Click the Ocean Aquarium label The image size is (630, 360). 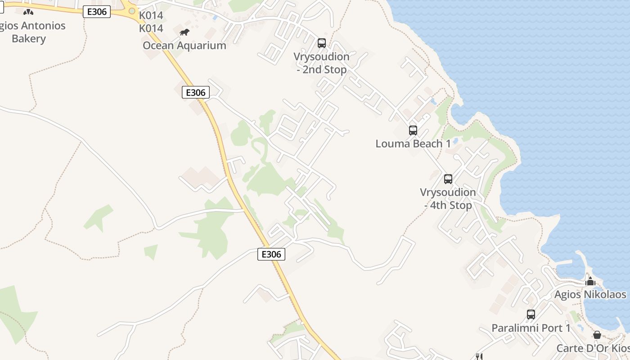coord(184,45)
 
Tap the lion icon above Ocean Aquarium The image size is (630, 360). coord(184,32)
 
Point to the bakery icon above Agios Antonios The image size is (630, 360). coord(28,12)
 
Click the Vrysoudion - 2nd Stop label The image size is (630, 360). coord(322,63)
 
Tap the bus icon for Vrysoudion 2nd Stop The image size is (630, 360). coord(322,43)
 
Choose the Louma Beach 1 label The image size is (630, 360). coord(413,144)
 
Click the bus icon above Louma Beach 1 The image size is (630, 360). coord(413,130)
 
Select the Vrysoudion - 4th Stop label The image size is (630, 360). coord(448,198)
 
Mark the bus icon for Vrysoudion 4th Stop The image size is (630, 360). coord(448,179)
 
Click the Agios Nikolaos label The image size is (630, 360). coord(590,295)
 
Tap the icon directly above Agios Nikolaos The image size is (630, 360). coord(590,282)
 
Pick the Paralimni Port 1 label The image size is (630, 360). coord(531,328)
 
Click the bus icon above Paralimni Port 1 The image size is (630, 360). coord(531,315)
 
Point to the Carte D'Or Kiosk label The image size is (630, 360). coord(593,348)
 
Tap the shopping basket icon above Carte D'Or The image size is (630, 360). coord(597,335)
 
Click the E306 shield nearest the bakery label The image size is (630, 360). coord(97,12)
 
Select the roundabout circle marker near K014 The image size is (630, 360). coord(132,11)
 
